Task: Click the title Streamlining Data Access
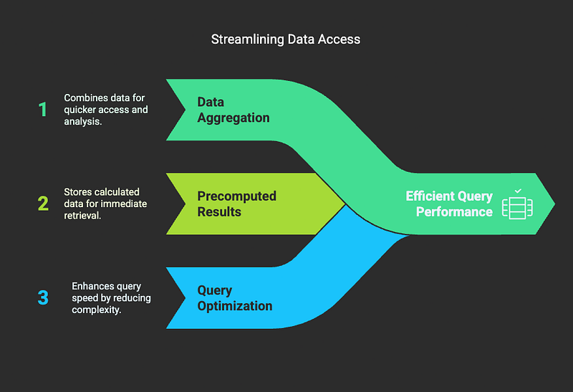tap(286, 39)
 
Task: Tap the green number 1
tap(43, 110)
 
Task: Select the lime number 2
tap(43, 204)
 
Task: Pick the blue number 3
tap(43, 297)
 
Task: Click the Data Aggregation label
tap(233, 110)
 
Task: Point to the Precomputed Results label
tap(237, 204)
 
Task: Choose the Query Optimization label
tap(235, 297)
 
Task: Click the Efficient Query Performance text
tap(449, 204)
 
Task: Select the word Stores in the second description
tap(77, 192)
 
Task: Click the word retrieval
tap(82, 216)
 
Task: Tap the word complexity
tap(97, 310)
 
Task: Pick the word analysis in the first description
tap(83, 121)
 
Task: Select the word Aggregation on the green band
tap(233, 118)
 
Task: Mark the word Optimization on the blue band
tap(235, 306)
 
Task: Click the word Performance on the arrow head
tap(454, 211)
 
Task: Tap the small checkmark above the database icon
tap(518, 191)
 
